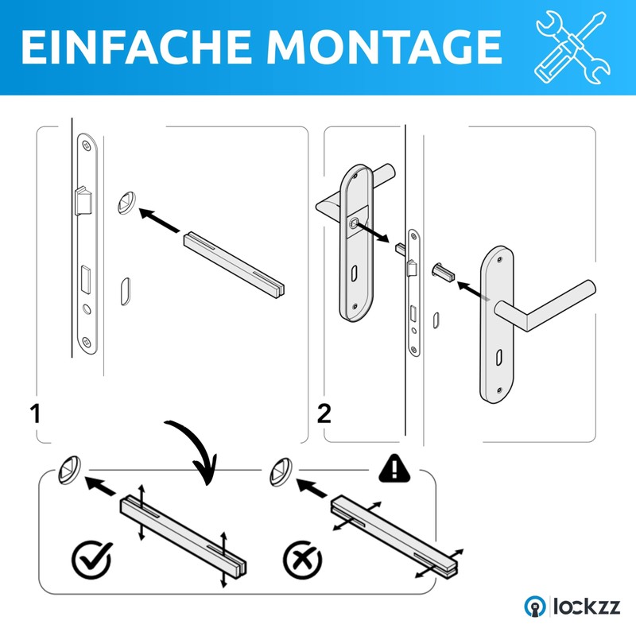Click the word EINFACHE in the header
pos(136,47)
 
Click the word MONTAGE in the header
pos(384,47)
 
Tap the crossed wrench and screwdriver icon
pos(572,48)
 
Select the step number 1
pos(35,413)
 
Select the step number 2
pos(324,413)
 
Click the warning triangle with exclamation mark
pos(394,468)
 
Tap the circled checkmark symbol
pos(92,560)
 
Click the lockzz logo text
pos(587,607)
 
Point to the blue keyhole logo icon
pos(535,607)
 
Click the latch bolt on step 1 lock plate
pos(83,201)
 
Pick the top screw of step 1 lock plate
pos(86,145)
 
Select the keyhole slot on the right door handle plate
pos(498,357)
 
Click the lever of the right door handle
pos(545,305)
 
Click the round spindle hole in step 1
pos(126,203)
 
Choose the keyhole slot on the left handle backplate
pos(354,273)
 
